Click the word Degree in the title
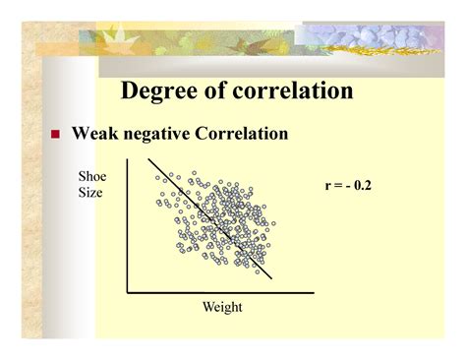161,91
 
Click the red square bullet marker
56,134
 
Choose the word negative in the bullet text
165,133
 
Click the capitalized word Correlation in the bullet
245,133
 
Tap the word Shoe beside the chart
91,176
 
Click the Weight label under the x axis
221,307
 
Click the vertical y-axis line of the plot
128,226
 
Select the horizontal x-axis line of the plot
221,292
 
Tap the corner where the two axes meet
128,292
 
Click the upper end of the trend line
150,158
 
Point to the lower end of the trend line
271,278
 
